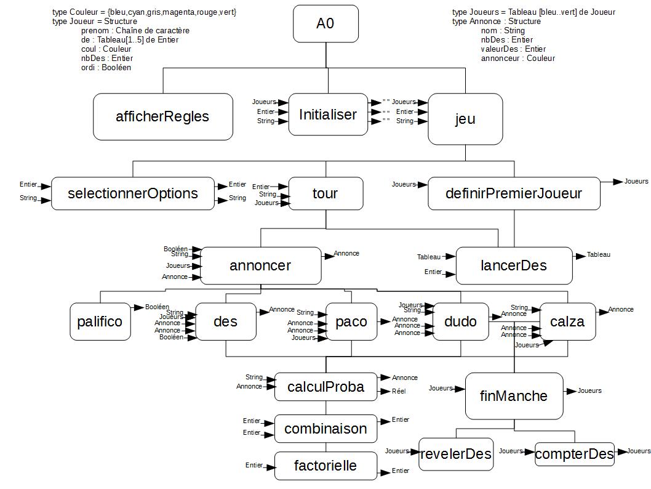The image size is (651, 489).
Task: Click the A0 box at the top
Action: (x=325, y=24)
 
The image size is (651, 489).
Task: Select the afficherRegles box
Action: (x=163, y=116)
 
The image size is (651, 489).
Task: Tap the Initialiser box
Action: (x=327, y=115)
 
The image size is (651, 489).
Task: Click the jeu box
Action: (x=465, y=119)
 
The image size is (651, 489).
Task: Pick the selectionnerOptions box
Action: (x=133, y=193)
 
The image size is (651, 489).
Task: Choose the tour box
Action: (x=325, y=193)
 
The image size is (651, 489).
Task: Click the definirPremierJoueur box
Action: (x=513, y=193)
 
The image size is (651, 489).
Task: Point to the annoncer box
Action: (x=260, y=265)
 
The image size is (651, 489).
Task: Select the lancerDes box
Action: (x=513, y=265)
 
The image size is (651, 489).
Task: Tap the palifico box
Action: (x=100, y=321)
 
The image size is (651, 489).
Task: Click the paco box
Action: (x=351, y=321)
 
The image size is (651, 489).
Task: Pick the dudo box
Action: (x=460, y=321)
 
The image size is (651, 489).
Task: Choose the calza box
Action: (x=567, y=321)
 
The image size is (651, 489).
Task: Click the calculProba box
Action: (x=325, y=387)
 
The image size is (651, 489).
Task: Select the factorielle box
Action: (x=325, y=466)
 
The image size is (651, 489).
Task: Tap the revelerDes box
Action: (x=456, y=455)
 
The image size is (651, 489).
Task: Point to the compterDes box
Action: (x=574, y=455)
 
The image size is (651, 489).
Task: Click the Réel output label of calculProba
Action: (x=399, y=391)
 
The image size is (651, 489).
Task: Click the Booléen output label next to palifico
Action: (x=157, y=307)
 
